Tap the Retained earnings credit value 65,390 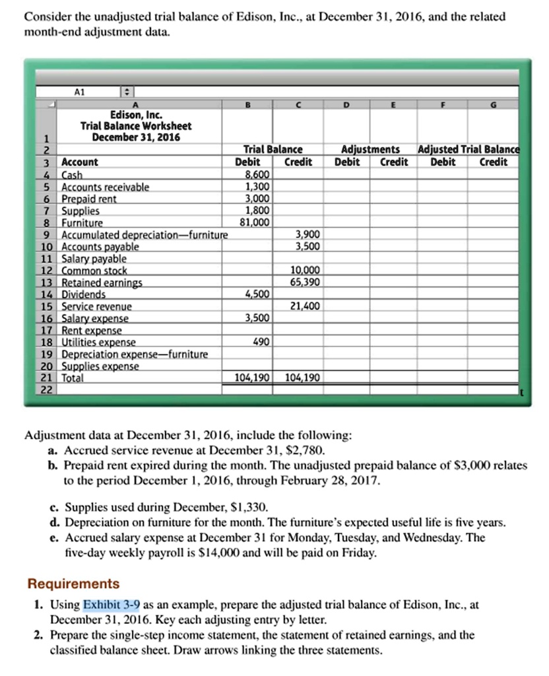pos(306,282)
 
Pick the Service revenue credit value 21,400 pos(306,306)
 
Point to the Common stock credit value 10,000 pos(306,270)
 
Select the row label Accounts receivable pos(106,187)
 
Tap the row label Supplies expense pos(100,366)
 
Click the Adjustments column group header pos(370,150)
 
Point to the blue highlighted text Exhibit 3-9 pos(111,604)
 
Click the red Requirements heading pos(73,584)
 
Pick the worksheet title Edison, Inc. pos(136,114)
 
